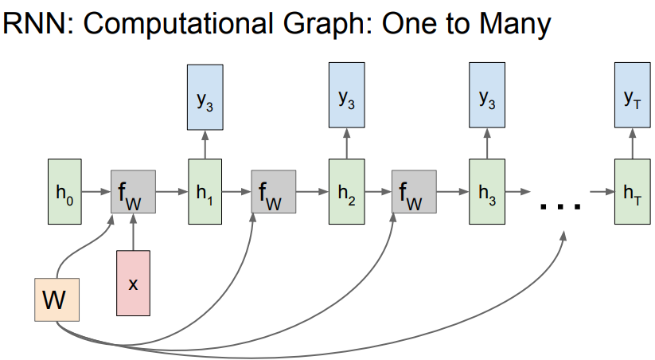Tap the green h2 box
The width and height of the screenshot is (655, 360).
pyautogui.click(x=344, y=191)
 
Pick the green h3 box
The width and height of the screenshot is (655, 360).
pyautogui.click(x=485, y=191)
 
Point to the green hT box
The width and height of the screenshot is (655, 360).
pyautogui.click(x=632, y=191)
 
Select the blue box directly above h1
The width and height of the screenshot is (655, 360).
pyautogui.click(x=205, y=100)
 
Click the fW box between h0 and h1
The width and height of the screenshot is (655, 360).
pyautogui.click(x=133, y=192)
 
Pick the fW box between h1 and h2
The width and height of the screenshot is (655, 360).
pyautogui.click(x=274, y=192)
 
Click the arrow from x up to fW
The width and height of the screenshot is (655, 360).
pyautogui.click(x=134, y=232)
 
